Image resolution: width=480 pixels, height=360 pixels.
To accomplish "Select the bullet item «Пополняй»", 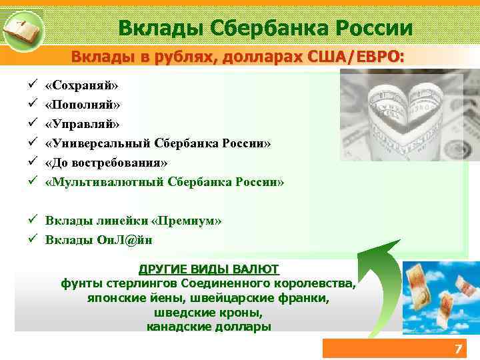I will (83, 105).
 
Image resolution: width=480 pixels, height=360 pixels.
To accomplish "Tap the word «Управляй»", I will (82, 124).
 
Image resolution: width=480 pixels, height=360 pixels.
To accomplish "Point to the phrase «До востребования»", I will (106, 163).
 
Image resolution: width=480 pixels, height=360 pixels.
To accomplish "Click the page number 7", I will (457, 349).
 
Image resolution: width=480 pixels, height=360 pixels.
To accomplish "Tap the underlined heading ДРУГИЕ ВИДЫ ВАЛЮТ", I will (209, 269).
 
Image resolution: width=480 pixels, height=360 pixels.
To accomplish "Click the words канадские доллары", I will (209, 327).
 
